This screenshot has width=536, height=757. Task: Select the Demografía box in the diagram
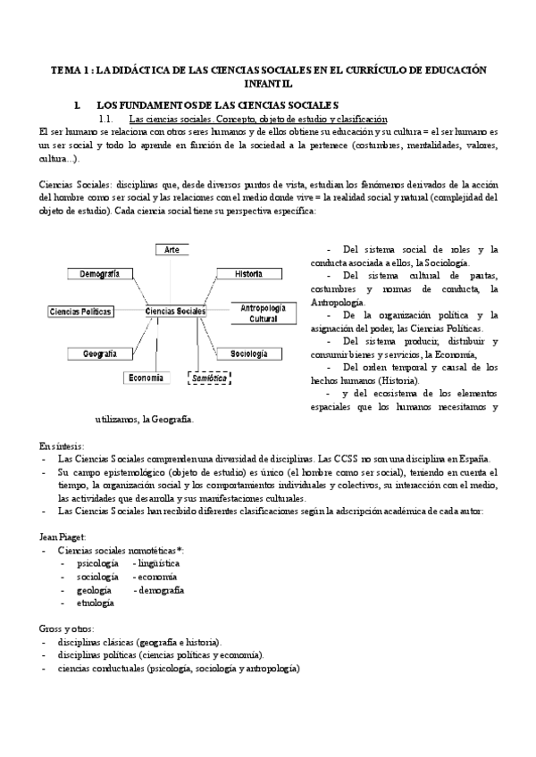[100, 273]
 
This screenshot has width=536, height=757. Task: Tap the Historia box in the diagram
[242, 273]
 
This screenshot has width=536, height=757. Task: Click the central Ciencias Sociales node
[175, 312]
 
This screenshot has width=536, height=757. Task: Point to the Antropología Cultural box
[263, 312]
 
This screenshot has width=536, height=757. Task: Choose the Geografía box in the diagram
[102, 354]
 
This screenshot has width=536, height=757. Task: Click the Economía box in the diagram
[146, 378]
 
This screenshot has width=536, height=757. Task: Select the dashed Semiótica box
[209, 378]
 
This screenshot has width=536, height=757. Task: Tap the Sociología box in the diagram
[249, 354]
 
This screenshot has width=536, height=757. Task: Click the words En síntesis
[63, 445]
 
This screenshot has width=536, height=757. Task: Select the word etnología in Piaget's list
[96, 603]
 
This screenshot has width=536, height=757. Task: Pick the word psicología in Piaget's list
[98, 564]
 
